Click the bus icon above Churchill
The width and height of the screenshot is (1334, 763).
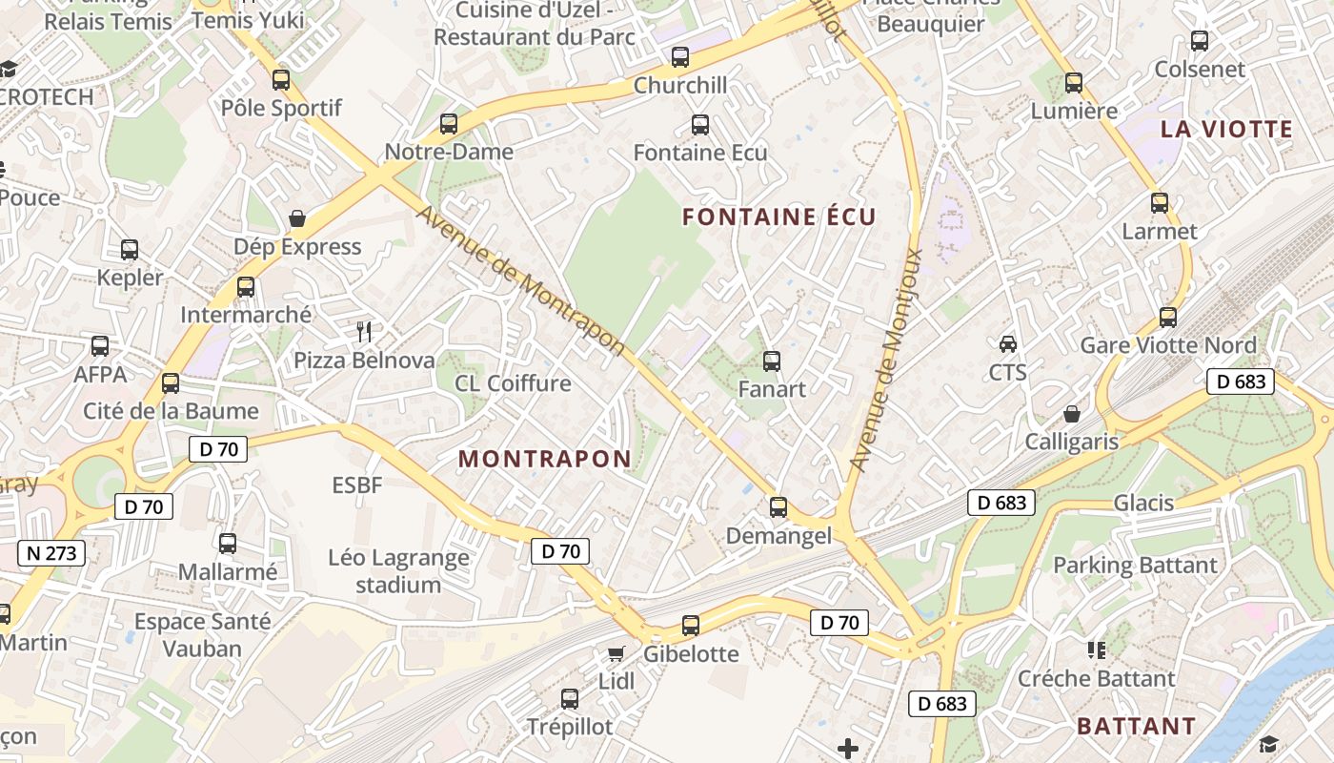[x=680, y=57]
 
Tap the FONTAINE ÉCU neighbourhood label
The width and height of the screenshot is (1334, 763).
[x=778, y=217]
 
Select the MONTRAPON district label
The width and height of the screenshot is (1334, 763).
[x=545, y=459]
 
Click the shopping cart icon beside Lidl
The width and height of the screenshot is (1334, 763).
[x=616, y=653]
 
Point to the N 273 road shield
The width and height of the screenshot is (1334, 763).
[x=51, y=552]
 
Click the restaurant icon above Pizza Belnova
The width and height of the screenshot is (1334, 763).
[x=363, y=332]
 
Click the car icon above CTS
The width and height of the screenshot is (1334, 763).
[x=1007, y=343]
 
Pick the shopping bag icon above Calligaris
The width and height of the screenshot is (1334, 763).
[x=1072, y=414]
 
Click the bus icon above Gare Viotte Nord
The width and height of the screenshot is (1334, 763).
[x=1168, y=317]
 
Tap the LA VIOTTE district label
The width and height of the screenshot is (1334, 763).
[x=1226, y=130]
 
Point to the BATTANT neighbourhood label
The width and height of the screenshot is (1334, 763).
[x=1136, y=726]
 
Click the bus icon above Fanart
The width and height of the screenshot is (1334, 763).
[x=772, y=361]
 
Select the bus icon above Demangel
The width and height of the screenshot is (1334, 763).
[x=778, y=507]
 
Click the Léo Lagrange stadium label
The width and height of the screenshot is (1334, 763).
[x=398, y=571]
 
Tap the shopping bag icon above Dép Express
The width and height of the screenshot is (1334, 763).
[x=297, y=219]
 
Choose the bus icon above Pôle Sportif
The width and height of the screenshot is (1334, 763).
[x=281, y=80]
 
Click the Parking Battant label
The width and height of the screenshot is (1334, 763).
[x=1134, y=566]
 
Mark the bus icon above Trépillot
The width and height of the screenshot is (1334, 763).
[x=570, y=699]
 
